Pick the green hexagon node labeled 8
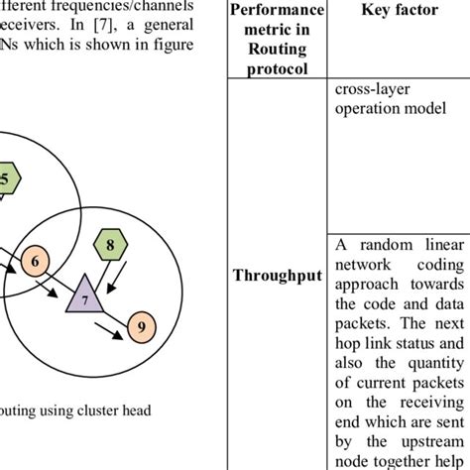pyautogui.click(x=111, y=242)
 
